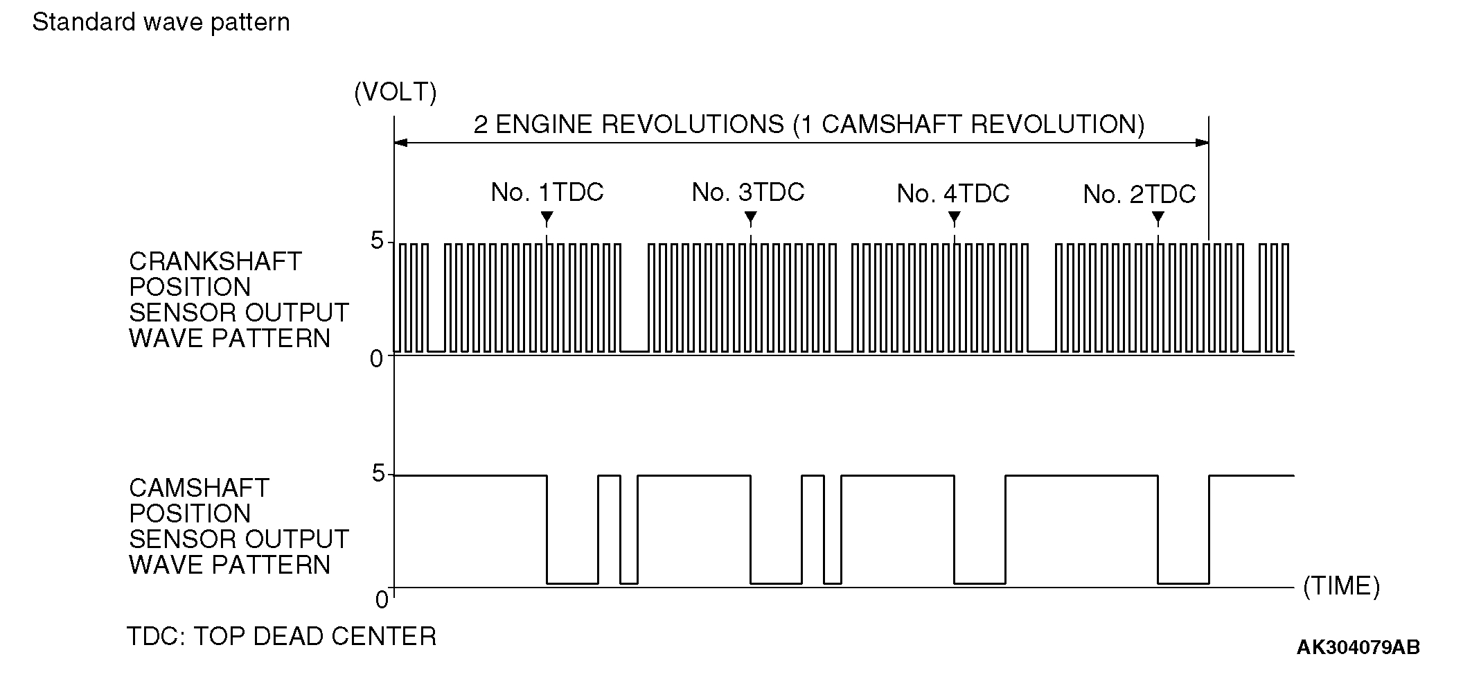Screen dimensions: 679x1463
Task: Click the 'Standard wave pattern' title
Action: (x=161, y=23)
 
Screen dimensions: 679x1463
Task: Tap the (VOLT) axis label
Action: (x=395, y=92)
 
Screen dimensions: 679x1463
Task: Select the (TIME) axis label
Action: (x=1341, y=586)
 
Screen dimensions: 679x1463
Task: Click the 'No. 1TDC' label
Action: (x=547, y=193)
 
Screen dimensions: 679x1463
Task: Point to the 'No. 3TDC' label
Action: (x=748, y=192)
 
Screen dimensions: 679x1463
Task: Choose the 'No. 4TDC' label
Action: (x=953, y=194)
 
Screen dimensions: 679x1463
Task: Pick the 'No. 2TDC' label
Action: (x=1140, y=195)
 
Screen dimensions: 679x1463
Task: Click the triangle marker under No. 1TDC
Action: (x=547, y=219)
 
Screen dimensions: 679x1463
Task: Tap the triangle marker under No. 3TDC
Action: (x=750, y=219)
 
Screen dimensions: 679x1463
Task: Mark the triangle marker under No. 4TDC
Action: (x=954, y=219)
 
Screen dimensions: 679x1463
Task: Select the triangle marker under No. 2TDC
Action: (x=1158, y=219)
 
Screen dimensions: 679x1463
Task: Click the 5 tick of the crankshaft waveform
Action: (x=377, y=242)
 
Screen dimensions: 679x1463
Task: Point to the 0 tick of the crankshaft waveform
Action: (x=377, y=359)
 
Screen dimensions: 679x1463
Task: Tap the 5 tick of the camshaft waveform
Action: (x=378, y=475)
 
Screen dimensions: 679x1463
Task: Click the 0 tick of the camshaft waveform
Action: (x=382, y=599)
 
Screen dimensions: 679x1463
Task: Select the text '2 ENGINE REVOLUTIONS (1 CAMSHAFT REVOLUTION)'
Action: (x=808, y=125)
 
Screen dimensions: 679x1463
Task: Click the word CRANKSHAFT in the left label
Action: (x=215, y=262)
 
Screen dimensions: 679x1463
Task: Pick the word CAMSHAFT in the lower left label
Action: (x=199, y=488)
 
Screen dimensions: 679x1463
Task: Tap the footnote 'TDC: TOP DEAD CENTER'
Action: (x=281, y=636)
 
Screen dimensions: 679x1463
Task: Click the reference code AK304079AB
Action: (x=1358, y=648)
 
